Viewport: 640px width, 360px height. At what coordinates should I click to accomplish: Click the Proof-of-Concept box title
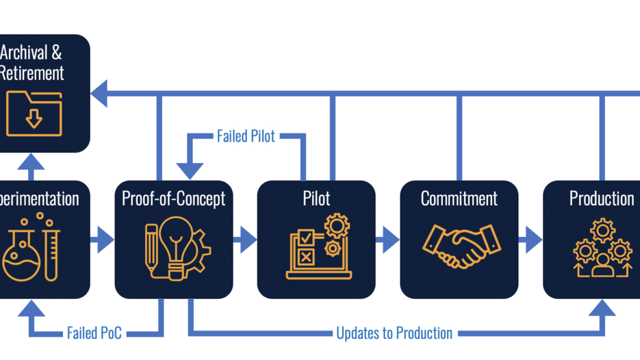tap(173, 198)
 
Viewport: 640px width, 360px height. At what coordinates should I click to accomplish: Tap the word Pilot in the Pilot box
tap(316, 198)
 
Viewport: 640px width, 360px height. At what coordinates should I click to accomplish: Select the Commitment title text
tap(459, 198)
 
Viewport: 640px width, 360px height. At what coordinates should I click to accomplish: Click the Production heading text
tap(602, 198)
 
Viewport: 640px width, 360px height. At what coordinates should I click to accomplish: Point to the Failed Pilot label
tap(246, 136)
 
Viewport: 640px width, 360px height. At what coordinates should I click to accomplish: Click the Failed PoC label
tap(94, 333)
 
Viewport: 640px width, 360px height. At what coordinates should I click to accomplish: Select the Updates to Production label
tap(394, 333)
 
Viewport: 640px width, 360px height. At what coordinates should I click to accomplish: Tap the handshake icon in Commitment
tap(461, 247)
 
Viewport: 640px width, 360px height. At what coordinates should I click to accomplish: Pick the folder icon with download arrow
tap(34, 113)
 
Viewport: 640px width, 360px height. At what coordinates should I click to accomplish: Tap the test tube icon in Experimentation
tap(51, 253)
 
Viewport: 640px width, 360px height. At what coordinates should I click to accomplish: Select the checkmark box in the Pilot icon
tap(306, 238)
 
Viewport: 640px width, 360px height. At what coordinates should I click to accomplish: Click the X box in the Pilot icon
tap(306, 257)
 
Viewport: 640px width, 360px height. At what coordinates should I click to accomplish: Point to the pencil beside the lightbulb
tap(151, 250)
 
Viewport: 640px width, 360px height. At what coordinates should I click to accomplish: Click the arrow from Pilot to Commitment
tap(387, 240)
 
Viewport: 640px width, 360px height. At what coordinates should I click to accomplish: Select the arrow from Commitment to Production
tap(530, 240)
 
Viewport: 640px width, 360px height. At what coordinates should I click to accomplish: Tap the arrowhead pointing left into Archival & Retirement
tap(100, 93)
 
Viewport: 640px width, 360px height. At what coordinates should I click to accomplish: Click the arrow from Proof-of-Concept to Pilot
tap(244, 240)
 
